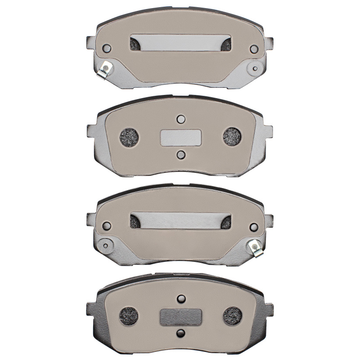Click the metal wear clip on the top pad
coord(105,68)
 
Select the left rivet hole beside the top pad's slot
coord(107,48)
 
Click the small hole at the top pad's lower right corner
coord(256,68)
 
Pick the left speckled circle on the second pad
coord(130,137)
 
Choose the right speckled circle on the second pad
coord(233,137)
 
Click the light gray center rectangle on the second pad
coord(181,137)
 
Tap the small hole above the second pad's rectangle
coord(181,119)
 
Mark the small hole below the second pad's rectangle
coord(181,155)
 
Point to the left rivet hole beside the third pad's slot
coord(107,226)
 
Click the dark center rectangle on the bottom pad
coord(181,316)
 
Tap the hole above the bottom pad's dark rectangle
coord(181,298)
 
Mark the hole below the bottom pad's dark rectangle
coord(181,333)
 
